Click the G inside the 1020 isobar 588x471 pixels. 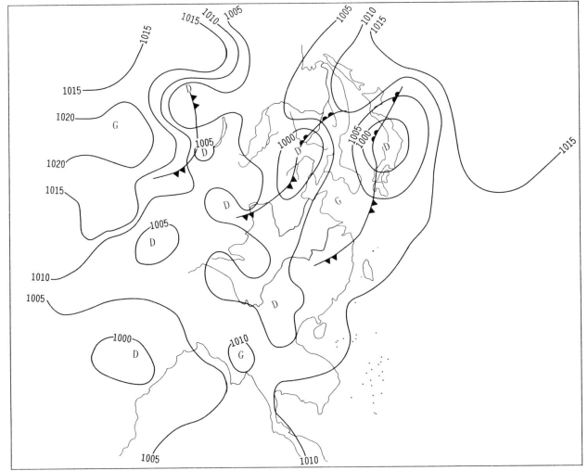[116, 125]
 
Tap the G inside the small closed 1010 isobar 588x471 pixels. [241, 355]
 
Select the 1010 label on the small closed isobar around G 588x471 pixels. [239, 341]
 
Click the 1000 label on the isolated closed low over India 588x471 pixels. [122, 338]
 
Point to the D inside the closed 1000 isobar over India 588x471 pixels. [135, 354]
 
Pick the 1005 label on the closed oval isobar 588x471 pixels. [160, 224]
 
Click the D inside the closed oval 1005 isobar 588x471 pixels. [152, 243]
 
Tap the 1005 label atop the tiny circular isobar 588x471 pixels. [204, 143]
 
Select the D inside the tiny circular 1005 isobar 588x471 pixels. [204, 153]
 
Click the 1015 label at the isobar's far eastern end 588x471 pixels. [568, 145]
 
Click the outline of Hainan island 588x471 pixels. [319, 330]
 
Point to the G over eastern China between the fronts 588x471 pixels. [339, 201]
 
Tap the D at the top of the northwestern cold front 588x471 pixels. [188, 89]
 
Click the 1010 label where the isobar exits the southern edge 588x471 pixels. [309, 460]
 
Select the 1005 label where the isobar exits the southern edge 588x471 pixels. [150, 458]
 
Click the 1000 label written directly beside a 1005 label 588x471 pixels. [364, 139]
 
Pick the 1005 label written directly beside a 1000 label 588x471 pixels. [355, 134]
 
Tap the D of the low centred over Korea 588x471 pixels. [387, 146]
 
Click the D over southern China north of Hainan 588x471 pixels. [275, 304]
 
